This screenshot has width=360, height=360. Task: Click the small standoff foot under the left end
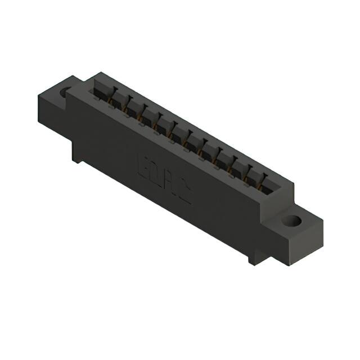(76, 155)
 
